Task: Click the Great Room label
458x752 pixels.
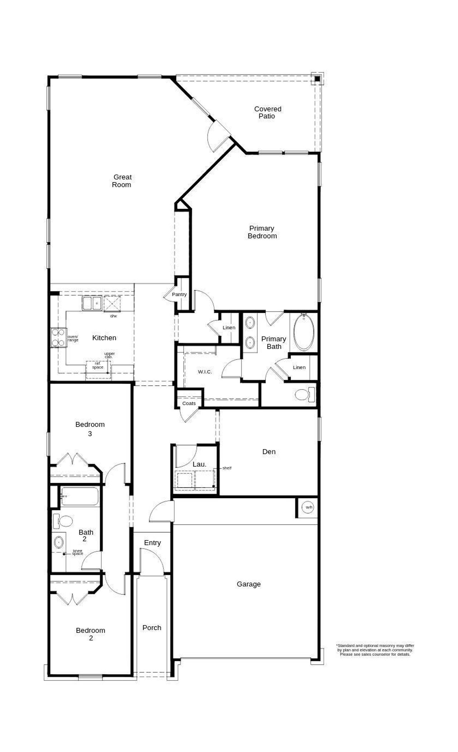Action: (122, 181)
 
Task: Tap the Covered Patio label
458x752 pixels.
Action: (268, 112)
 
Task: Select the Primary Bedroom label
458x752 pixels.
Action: (262, 232)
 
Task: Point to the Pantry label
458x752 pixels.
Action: (179, 294)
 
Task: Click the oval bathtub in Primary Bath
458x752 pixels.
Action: (304, 332)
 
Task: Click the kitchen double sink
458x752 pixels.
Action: (92, 303)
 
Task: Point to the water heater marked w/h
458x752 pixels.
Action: (308, 507)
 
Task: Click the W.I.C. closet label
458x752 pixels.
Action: (205, 372)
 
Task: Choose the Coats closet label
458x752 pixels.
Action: (189, 403)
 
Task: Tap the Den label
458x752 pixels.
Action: (269, 452)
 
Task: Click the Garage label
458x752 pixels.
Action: (249, 584)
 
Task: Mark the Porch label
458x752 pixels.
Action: (152, 628)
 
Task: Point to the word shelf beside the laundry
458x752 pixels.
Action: (227, 468)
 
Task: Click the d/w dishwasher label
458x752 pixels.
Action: (113, 316)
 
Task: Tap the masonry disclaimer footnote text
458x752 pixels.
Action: (375, 650)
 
